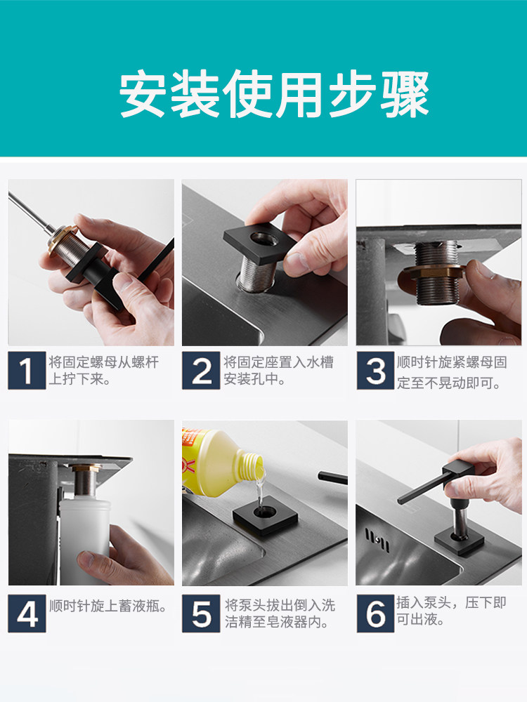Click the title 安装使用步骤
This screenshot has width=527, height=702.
(x=274, y=93)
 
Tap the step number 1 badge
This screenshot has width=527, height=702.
(x=27, y=371)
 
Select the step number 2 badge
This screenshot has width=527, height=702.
(x=201, y=371)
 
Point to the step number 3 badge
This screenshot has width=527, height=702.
(x=375, y=371)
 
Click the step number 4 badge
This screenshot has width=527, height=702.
(x=27, y=614)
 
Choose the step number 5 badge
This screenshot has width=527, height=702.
(x=201, y=614)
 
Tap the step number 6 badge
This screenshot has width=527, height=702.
(x=375, y=614)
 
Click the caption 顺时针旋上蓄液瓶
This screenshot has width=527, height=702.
(x=108, y=607)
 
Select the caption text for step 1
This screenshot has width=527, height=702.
(x=103, y=370)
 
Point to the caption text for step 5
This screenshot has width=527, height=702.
(x=280, y=614)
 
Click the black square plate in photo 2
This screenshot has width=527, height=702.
(x=260, y=244)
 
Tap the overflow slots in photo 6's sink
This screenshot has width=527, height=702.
(x=377, y=539)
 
